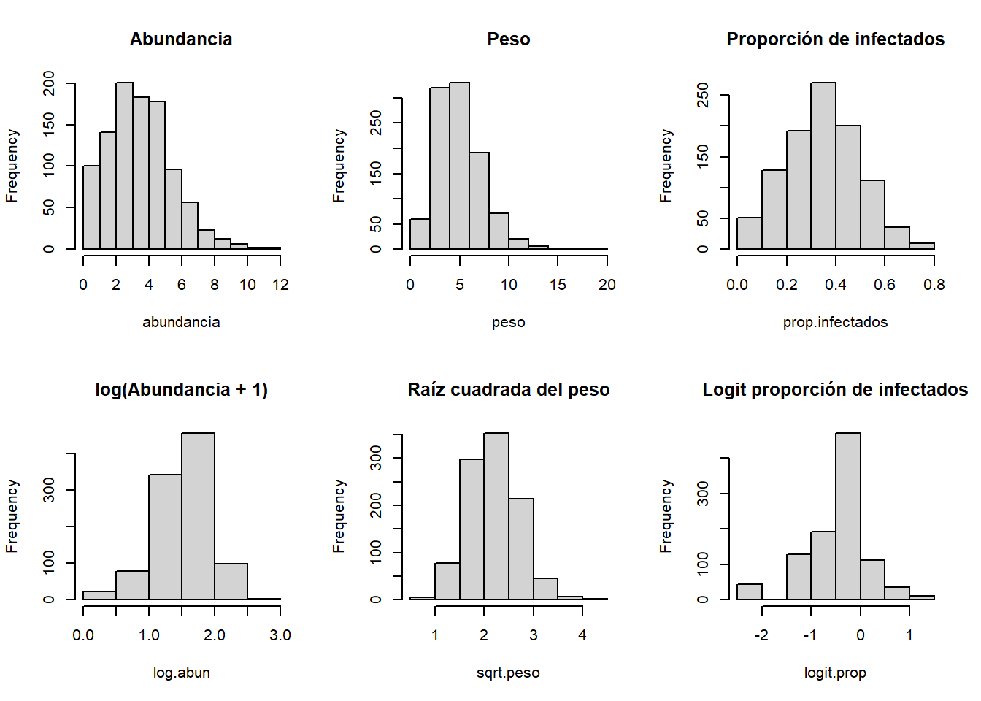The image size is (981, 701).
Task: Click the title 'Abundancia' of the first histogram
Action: pos(181,39)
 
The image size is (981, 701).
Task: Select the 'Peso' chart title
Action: pos(509,39)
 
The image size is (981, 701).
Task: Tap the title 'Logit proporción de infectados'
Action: pos(835,390)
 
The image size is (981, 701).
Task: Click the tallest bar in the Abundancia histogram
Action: pos(124,166)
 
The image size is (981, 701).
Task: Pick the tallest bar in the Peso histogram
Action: pos(459,166)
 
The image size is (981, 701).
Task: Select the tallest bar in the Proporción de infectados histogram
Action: pos(823,166)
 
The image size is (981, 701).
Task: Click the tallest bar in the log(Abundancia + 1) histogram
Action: pos(198,516)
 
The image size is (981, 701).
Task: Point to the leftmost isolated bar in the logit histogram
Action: pos(750,591)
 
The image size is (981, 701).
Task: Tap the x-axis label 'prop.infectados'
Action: pos(835,322)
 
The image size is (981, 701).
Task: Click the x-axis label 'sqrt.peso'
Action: pos(508,673)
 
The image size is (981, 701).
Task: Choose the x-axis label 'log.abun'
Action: pos(181,673)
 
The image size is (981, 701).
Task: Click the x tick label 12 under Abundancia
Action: pos(280,285)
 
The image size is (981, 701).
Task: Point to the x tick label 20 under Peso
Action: pos(607,285)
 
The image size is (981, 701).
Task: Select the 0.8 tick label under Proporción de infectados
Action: pos(934,285)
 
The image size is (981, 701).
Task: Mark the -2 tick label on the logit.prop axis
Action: pos(761,635)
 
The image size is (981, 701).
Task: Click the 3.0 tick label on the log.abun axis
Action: pos(280,635)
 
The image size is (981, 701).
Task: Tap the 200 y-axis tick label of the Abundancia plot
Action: pos(49,83)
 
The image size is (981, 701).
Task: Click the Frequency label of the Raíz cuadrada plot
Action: pos(339,516)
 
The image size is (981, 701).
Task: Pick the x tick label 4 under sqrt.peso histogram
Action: pos(582,635)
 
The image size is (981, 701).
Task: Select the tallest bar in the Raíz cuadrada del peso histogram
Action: pos(496,516)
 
